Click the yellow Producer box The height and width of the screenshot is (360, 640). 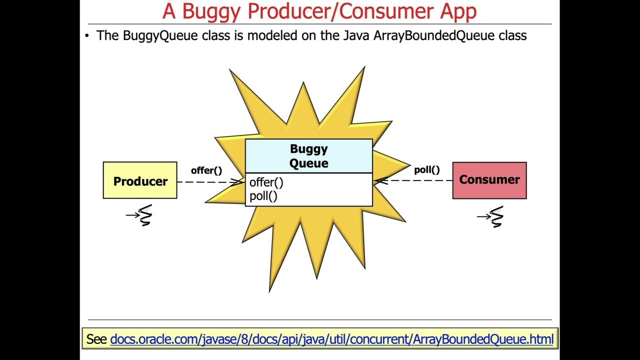click(x=140, y=180)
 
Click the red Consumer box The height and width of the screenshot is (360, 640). click(x=489, y=180)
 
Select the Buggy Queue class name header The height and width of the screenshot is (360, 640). click(x=309, y=156)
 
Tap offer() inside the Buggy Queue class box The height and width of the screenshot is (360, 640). click(x=266, y=182)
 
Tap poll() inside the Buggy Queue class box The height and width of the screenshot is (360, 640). click(x=263, y=196)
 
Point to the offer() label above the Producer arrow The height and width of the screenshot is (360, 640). click(x=206, y=170)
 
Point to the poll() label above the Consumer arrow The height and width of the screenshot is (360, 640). click(x=426, y=169)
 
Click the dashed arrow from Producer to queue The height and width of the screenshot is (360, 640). click(x=210, y=182)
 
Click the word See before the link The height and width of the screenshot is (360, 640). click(x=96, y=339)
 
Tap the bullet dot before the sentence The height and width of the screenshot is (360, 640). click(x=87, y=35)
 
